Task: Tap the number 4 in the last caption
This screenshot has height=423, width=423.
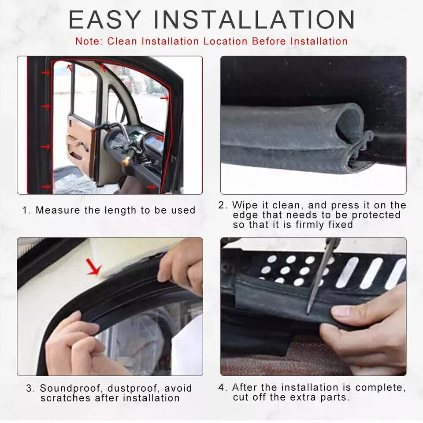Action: tap(222, 387)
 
